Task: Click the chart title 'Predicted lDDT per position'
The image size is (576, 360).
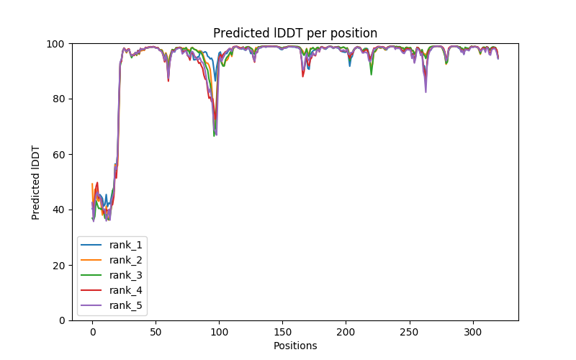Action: click(x=294, y=33)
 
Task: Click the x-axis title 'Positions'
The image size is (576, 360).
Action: click(x=294, y=346)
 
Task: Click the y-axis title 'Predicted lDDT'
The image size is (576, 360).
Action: click(x=36, y=182)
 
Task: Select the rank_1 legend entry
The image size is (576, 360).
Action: click(x=127, y=245)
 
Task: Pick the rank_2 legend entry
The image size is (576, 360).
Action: click(x=127, y=260)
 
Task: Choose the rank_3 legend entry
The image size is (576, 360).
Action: click(x=127, y=275)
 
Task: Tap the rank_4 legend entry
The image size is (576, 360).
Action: click(x=127, y=290)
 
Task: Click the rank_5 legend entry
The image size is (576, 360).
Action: click(x=127, y=305)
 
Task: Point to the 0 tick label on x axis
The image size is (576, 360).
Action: click(x=92, y=332)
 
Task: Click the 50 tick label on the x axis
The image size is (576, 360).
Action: click(x=156, y=332)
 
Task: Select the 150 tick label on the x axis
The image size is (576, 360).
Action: click(x=282, y=332)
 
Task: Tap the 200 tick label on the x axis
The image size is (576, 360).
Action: click(x=346, y=332)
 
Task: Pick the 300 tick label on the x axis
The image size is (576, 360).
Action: click(x=473, y=332)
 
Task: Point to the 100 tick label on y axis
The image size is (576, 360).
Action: click(x=55, y=44)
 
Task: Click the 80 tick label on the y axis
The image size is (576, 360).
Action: click(x=58, y=99)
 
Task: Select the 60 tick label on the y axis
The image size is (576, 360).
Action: click(x=58, y=155)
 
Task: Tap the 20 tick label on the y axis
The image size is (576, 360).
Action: click(x=58, y=265)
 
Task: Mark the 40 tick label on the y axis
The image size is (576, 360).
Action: click(x=58, y=210)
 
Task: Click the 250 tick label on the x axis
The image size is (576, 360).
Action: click(x=410, y=332)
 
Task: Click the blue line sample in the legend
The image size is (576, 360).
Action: click(x=94, y=245)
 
